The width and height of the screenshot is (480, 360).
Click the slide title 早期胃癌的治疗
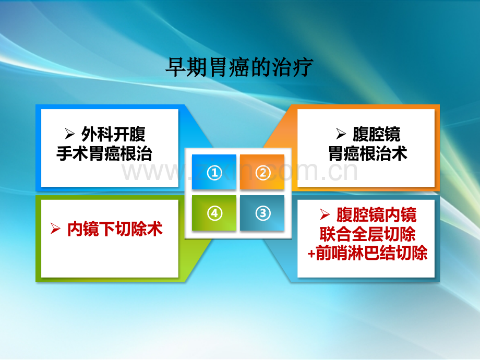(239, 68)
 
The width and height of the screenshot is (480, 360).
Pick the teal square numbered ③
(262, 213)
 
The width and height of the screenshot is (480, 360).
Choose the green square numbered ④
(214, 213)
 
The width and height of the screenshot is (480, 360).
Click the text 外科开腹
(113, 135)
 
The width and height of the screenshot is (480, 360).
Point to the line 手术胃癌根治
(104, 154)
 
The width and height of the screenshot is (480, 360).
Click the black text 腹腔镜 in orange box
(376, 135)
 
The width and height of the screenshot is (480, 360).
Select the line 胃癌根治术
(368, 154)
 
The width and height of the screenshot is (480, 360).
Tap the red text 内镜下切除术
(115, 229)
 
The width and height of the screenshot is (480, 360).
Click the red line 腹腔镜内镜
(376, 214)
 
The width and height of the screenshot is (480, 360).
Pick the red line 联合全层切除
(368, 234)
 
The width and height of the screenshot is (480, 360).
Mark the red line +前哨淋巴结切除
(368, 253)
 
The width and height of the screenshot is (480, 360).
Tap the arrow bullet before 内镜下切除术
(55, 230)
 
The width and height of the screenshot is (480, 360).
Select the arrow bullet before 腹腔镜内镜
(325, 215)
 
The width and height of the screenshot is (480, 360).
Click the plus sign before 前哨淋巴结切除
(311, 254)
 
